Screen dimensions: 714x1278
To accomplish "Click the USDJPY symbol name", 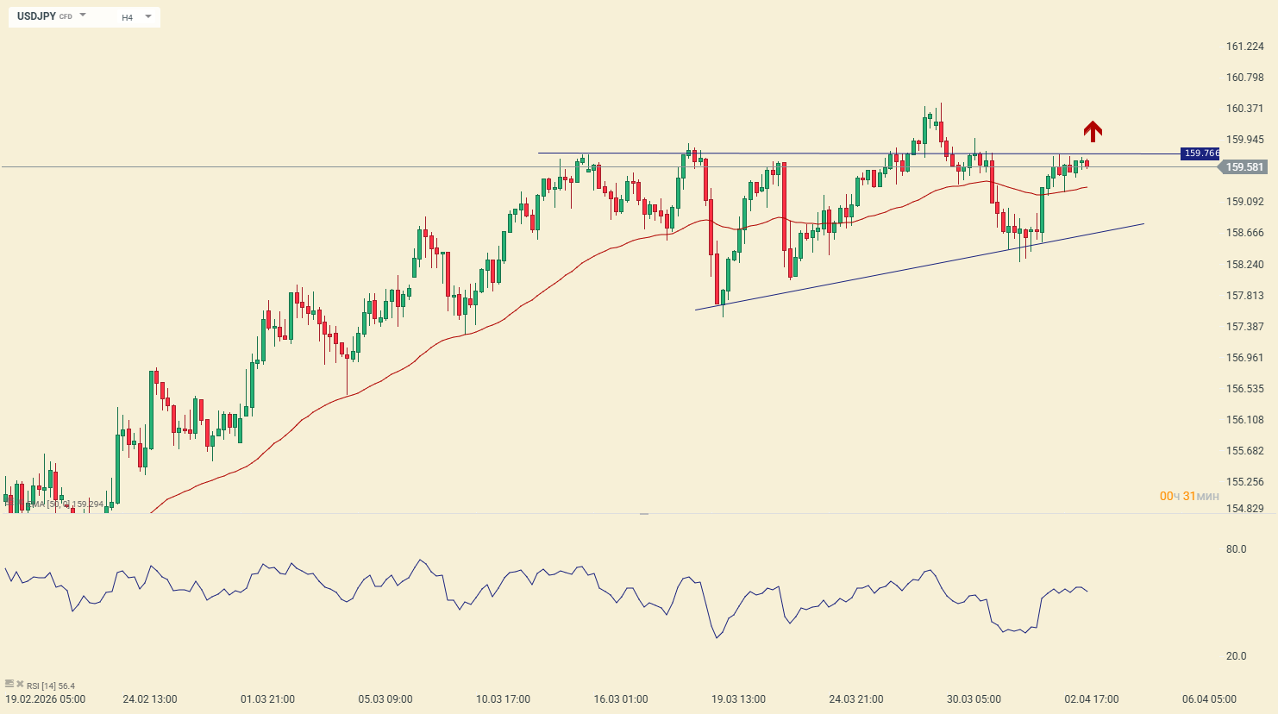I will tap(36, 16).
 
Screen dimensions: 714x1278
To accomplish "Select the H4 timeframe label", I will tap(127, 17).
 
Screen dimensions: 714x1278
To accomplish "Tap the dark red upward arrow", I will tap(1093, 131).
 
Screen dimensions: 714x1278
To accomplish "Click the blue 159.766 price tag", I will tap(1200, 153).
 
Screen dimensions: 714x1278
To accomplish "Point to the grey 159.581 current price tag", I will tap(1244, 167).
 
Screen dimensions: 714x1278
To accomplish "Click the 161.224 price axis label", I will tap(1244, 47).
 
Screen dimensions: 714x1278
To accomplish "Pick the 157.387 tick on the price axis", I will tap(1244, 327).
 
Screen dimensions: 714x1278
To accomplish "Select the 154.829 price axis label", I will tap(1244, 509).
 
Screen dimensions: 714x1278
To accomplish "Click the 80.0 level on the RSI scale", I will tap(1236, 549).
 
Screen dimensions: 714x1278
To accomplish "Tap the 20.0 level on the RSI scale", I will tap(1236, 656).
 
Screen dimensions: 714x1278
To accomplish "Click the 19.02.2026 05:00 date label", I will tap(46, 699).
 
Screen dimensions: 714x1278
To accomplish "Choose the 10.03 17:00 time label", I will tap(503, 699).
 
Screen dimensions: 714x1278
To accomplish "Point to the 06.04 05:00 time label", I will tap(1209, 699).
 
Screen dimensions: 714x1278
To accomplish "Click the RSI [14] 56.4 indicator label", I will tap(50, 686).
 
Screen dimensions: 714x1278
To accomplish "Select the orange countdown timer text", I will tap(1189, 496).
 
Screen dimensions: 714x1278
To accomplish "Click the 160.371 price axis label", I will tap(1244, 109).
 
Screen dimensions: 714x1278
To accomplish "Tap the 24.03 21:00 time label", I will tap(856, 699).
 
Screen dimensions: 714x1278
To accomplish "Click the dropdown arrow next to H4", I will tap(148, 16).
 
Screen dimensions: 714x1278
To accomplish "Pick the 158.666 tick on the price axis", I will tap(1244, 233).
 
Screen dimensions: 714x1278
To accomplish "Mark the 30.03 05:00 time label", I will tap(974, 699).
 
